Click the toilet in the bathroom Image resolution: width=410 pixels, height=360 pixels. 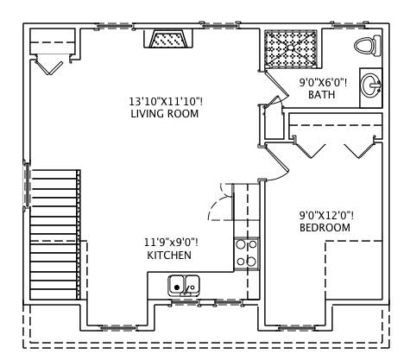pos(366,45)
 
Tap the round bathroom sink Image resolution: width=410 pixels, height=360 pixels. pos(371,85)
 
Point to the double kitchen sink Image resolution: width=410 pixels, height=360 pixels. pos(183,284)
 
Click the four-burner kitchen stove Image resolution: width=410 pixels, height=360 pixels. pos(246,252)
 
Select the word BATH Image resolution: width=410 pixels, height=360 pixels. pos(321,95)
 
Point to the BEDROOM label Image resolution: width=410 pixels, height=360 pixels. pos(325,227)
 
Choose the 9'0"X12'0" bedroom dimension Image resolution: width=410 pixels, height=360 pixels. pos(325,215)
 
